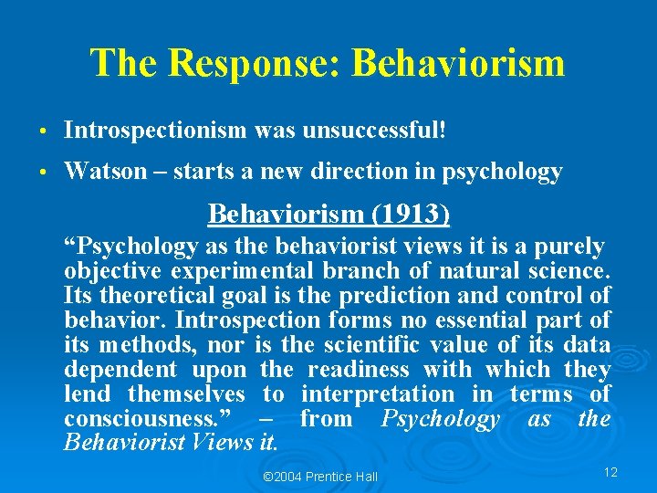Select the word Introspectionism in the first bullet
pyautogui.click(x=155, y=131)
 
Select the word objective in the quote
pyautogui.click(x=114, y=271)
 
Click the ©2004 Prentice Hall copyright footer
pyautogui.click(x=319, y=477)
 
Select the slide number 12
pyautogui.click(x=610, y=472)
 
